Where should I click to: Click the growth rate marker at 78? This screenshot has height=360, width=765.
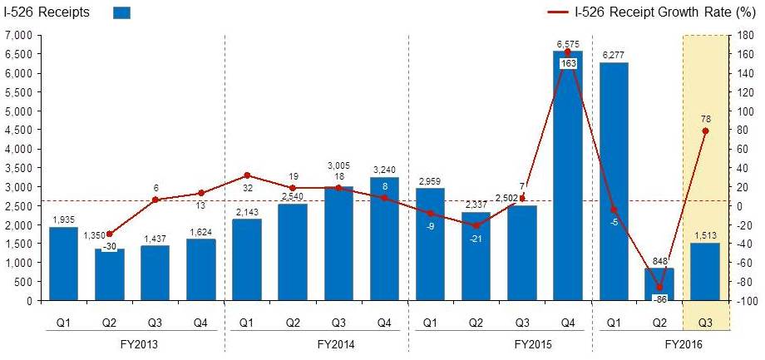click(x=705, y=131)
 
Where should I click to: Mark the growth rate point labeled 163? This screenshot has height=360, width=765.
click(x=568, y=52)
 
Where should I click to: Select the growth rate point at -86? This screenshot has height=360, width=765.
click(x=659, y=288)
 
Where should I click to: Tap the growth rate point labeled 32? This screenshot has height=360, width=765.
click(x=247, y=175)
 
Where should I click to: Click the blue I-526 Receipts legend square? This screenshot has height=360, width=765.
click(x=121, y=12)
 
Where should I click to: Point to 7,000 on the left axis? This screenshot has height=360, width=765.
click(x=17, y=35)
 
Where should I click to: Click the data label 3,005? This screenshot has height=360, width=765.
click(x=338, y=165)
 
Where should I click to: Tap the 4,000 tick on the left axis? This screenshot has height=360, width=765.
click(x=17, y=149)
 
